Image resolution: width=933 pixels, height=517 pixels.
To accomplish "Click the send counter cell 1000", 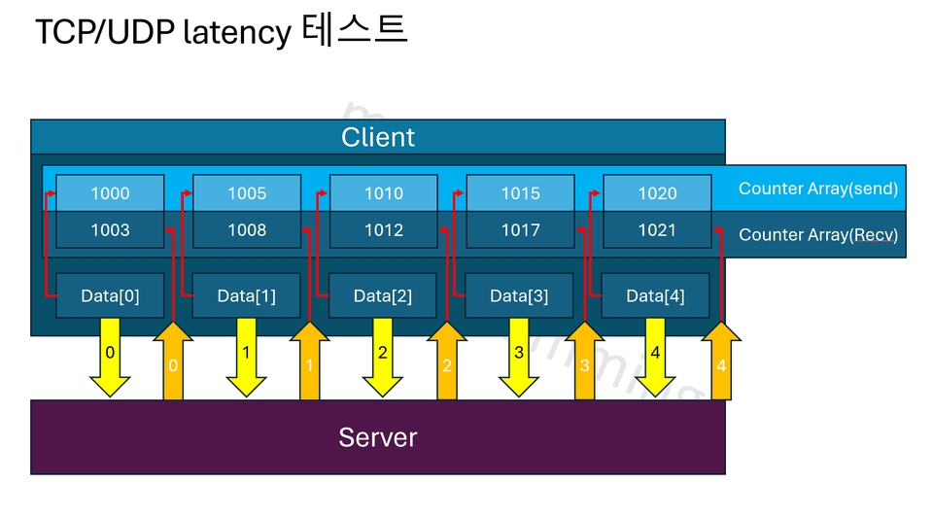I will pos(110,193).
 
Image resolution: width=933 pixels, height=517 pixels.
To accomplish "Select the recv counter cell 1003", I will pos(110,230).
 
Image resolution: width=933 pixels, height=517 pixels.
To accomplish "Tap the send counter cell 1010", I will pos(384,193).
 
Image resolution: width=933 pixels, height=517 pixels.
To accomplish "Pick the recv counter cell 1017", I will pos(520,230).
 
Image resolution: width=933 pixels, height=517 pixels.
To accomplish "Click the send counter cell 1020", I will pos(657,193).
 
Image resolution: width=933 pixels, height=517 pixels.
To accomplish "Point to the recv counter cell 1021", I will pos(657,230).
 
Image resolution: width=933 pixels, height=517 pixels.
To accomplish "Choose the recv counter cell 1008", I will pos(247,230).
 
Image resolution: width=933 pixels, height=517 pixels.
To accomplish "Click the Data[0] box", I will pos(110,295).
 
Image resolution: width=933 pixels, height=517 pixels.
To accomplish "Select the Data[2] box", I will pos(383,295).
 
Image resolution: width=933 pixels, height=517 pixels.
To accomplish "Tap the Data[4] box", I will pos(655,295).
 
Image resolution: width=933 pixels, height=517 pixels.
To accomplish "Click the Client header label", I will pos(378,137).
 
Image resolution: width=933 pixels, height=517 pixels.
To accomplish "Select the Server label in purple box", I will pos(378,437).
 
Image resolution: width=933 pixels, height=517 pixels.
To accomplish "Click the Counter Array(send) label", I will pos(817,189).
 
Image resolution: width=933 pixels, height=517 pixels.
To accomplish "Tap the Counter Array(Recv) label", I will pos(817,235).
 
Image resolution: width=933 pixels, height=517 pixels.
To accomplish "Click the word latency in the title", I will pos(236,33).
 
